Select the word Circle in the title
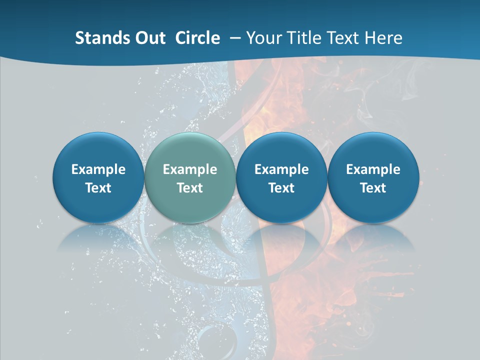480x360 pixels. (x=197, y=38)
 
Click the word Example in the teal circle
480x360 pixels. (x=190, y=169)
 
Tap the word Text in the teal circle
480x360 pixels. (x=190, y=188)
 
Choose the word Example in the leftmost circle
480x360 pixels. (x=98, y=169)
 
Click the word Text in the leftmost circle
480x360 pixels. (x=98, y=188)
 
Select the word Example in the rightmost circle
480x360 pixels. (x=373, y=169)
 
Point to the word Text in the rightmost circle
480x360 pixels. (x=373, y=188)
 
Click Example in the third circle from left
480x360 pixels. (x=282, y=169)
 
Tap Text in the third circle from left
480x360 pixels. (x=282, y=188)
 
